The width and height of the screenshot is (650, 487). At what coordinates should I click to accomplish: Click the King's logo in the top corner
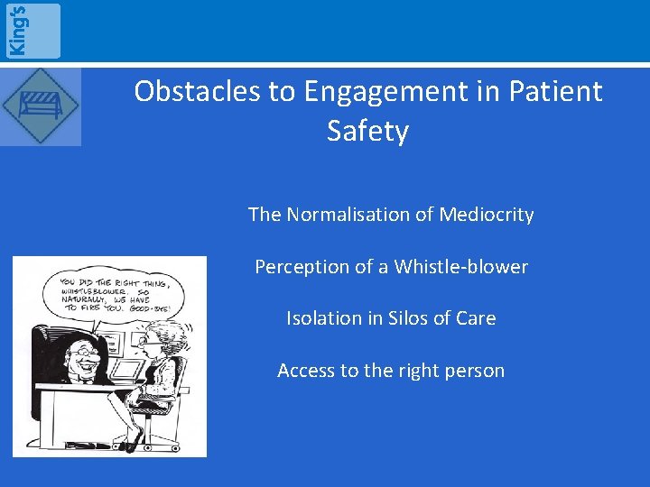(32, 31)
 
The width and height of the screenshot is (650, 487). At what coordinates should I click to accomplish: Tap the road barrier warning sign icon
(40, 106)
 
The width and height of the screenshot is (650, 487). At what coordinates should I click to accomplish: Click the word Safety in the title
(367, 131)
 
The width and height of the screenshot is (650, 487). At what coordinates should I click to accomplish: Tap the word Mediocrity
(487, 215)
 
